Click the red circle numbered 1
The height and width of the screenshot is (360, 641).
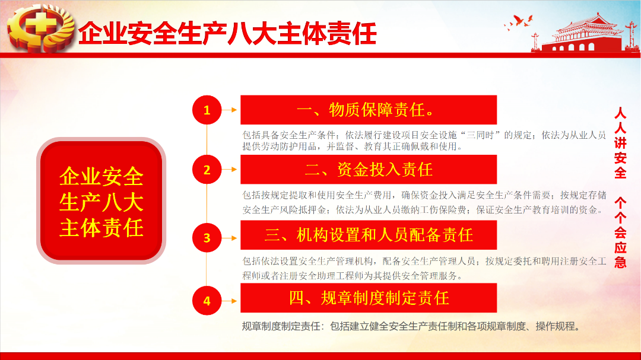[x=207, y=110]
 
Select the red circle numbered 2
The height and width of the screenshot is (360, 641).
[x=207, y=170]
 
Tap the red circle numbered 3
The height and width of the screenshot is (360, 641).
[x=207, y=238]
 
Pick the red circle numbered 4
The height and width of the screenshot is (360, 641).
[x=207, y=301]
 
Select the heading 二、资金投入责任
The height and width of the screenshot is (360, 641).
[x=369, y=170]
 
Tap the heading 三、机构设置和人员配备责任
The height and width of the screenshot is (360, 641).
[x=369, y=235]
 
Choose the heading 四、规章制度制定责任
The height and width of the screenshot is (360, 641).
[x=369, y=298]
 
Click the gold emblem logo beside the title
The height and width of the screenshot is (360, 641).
[x=40, y=28]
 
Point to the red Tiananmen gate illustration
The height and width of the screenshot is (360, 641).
[x=585, y=33]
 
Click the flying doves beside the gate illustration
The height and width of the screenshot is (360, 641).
[x=518, y=22]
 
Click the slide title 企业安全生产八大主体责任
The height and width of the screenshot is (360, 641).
[x=227, y=33]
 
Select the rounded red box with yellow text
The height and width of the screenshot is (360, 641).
[x=101, y=200]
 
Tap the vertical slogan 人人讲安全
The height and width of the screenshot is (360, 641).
[x=620, y=143]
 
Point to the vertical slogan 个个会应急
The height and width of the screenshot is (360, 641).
[x=620, y=232]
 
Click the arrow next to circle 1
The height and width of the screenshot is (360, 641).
[x=230, y=110]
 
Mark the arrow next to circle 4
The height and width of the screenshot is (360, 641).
[x=230, y=301]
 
